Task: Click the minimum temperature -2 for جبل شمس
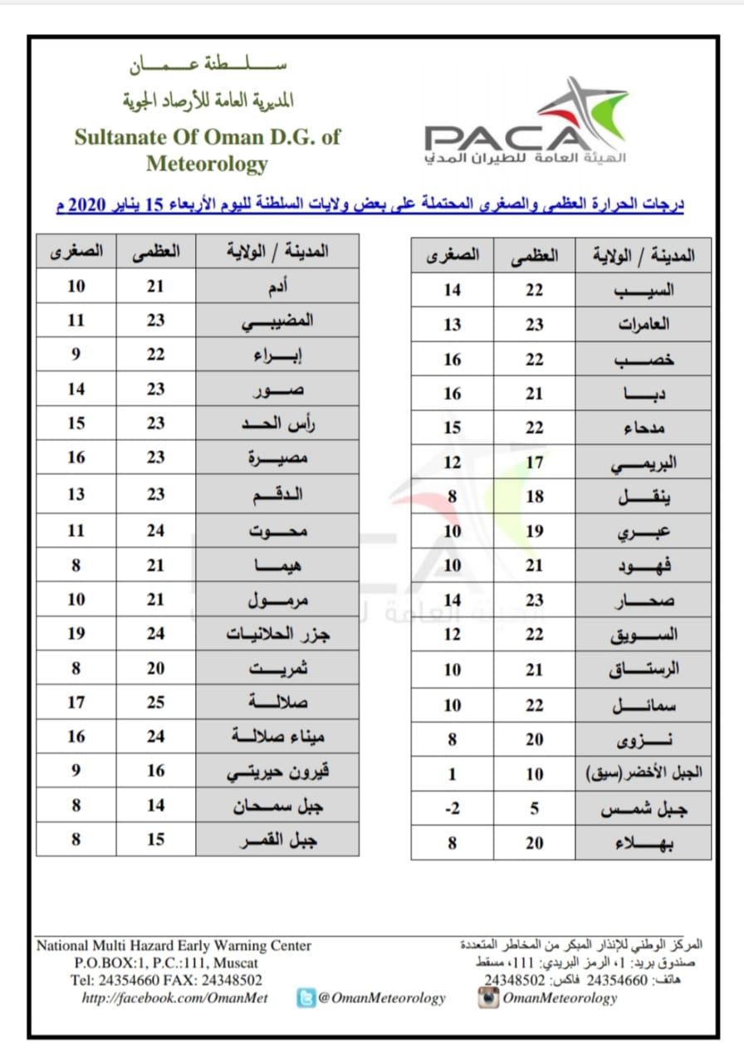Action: coord(452,807)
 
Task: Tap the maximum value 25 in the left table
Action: coord(156,703)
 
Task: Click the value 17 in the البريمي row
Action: coord(535,463)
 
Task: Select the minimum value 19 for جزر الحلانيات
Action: coord(76,634)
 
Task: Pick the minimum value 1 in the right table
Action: coord(452,773)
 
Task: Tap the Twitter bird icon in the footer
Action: coord(306,998)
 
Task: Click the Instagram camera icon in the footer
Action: coord(488,998)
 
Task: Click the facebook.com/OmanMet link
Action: coord(174,998)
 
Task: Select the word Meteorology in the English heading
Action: coord(207,164)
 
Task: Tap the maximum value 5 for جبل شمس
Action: coord(535,807)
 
